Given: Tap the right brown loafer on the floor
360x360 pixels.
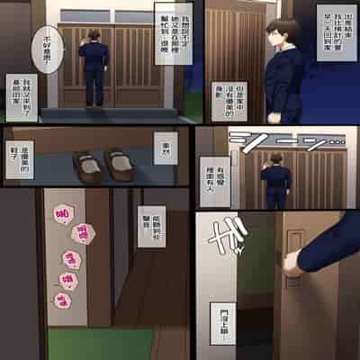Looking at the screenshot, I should tap(118, 162).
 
